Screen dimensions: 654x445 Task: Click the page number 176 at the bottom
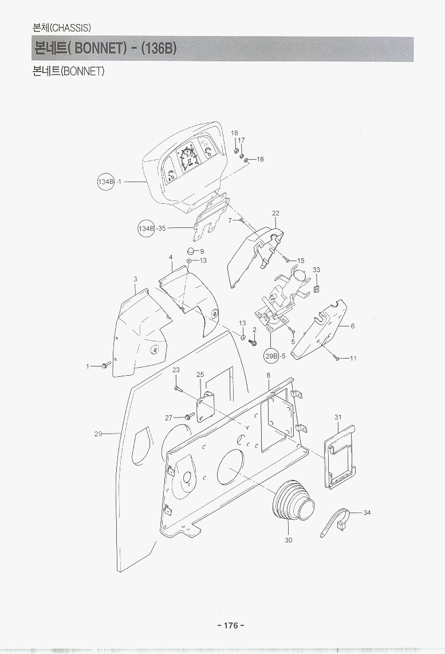[230, 625]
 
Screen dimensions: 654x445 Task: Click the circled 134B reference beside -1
[106, 182]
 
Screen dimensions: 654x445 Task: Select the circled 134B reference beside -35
[146, 228]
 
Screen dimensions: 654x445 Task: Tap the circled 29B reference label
[271, 356]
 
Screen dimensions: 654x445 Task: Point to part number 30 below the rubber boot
[289, 540]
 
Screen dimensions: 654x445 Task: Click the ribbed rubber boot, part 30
[292, 502]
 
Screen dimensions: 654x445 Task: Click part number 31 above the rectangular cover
[338, 417]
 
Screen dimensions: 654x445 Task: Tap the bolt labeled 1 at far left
[105, 364]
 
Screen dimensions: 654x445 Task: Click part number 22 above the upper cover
[275, 214]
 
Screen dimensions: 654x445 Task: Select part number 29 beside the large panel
[98, 434]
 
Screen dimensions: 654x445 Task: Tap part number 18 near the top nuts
[234, 133]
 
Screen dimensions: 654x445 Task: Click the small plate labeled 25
[206, 405]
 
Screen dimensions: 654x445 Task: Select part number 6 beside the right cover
[353, 326]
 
